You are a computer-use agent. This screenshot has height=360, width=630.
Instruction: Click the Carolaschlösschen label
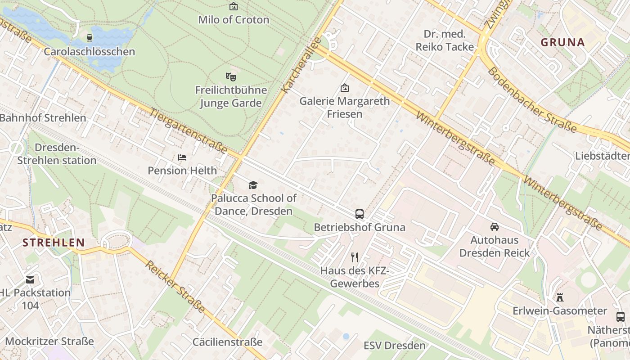coord(89,52)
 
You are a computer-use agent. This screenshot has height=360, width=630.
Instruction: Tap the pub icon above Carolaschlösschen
coord(90,38)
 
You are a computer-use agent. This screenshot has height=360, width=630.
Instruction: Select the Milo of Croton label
coord(234,20)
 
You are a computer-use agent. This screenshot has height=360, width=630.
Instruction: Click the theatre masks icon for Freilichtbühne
coord(231,77)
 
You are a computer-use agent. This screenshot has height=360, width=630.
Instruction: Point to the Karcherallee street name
coord(300,66)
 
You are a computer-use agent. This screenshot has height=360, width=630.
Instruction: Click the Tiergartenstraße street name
coord(188,131)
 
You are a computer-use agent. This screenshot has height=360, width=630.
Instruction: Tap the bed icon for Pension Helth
coord(182,157)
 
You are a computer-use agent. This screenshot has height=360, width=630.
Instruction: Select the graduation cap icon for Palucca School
coord(253,185)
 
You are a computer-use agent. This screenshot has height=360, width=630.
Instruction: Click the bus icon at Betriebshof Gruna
coord(360,214)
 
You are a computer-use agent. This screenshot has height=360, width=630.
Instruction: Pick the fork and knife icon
coord(355,257)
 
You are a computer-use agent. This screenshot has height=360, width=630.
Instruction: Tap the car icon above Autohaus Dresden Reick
coord(495,227)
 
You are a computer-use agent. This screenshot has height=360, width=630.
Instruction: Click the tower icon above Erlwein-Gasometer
coord(560,297)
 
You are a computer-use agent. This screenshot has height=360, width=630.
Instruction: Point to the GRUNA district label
coord(562,43)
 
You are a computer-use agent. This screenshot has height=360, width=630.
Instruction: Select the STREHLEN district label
coord(54,243)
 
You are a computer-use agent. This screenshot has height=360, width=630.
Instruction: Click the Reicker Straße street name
coord(175,287)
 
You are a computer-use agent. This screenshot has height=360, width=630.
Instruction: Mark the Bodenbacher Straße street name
coord(531,100)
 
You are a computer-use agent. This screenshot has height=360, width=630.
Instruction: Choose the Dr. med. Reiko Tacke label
coord(445,40)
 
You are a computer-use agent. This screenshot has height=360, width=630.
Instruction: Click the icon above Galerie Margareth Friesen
coord(345,88)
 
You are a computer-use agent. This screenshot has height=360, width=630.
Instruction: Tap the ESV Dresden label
coord(395,346)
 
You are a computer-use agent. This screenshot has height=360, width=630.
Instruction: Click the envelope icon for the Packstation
coord(30,280)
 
